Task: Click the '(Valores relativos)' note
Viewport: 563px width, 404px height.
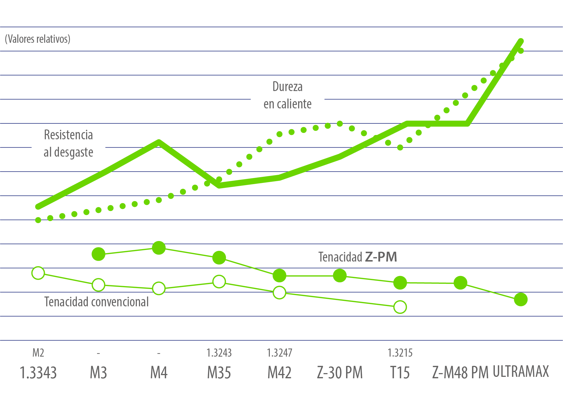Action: pyautogui.click(x=38, y=39)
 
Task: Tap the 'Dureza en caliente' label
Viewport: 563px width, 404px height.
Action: pyautogui.click(x=287, y=95)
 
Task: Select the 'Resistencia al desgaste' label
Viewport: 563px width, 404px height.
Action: pyautogui.click(x=68, y=144)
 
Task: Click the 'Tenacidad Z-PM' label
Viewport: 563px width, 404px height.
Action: pyautogui.click(x=357, y=257)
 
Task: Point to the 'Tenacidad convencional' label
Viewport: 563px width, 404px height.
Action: pyautogui.click(x=96, y=302)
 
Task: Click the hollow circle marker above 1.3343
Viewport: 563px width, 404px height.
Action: pyautogui.click(x=38, y=273)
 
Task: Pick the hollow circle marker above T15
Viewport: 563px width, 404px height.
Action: pyautogui.click(x=400, y=307)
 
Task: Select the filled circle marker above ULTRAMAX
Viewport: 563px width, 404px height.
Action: pyautogui.click(x=521, y=299)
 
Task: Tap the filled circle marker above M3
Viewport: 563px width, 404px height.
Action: pyautogui.click(x=99, y=254)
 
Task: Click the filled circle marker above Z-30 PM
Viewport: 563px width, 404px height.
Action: pyautogui.click(x=340, y=276)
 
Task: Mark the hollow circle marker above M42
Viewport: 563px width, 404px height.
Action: pyautogui.click(x=279, y=293)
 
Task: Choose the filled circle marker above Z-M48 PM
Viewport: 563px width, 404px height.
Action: pyautogui.click(x=460, y=283)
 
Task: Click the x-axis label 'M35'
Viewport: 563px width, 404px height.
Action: pyautogui.click(x=219, y=373)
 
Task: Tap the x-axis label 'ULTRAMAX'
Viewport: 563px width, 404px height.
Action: pyautogui.click(x=521, y=372)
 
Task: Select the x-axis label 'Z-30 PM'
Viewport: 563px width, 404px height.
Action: pyautogui.click(x=340, y=373)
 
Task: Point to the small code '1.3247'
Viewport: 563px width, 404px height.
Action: pyautogui.click(x=279, y=353)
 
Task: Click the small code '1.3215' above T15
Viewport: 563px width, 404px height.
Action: pyautogui.click(x=400, y=353)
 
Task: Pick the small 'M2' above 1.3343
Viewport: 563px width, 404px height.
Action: pyautogui.click(x=38, y=353)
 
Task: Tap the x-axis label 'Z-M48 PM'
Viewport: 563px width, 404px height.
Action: pyautogui.click(x=460, y=373)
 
